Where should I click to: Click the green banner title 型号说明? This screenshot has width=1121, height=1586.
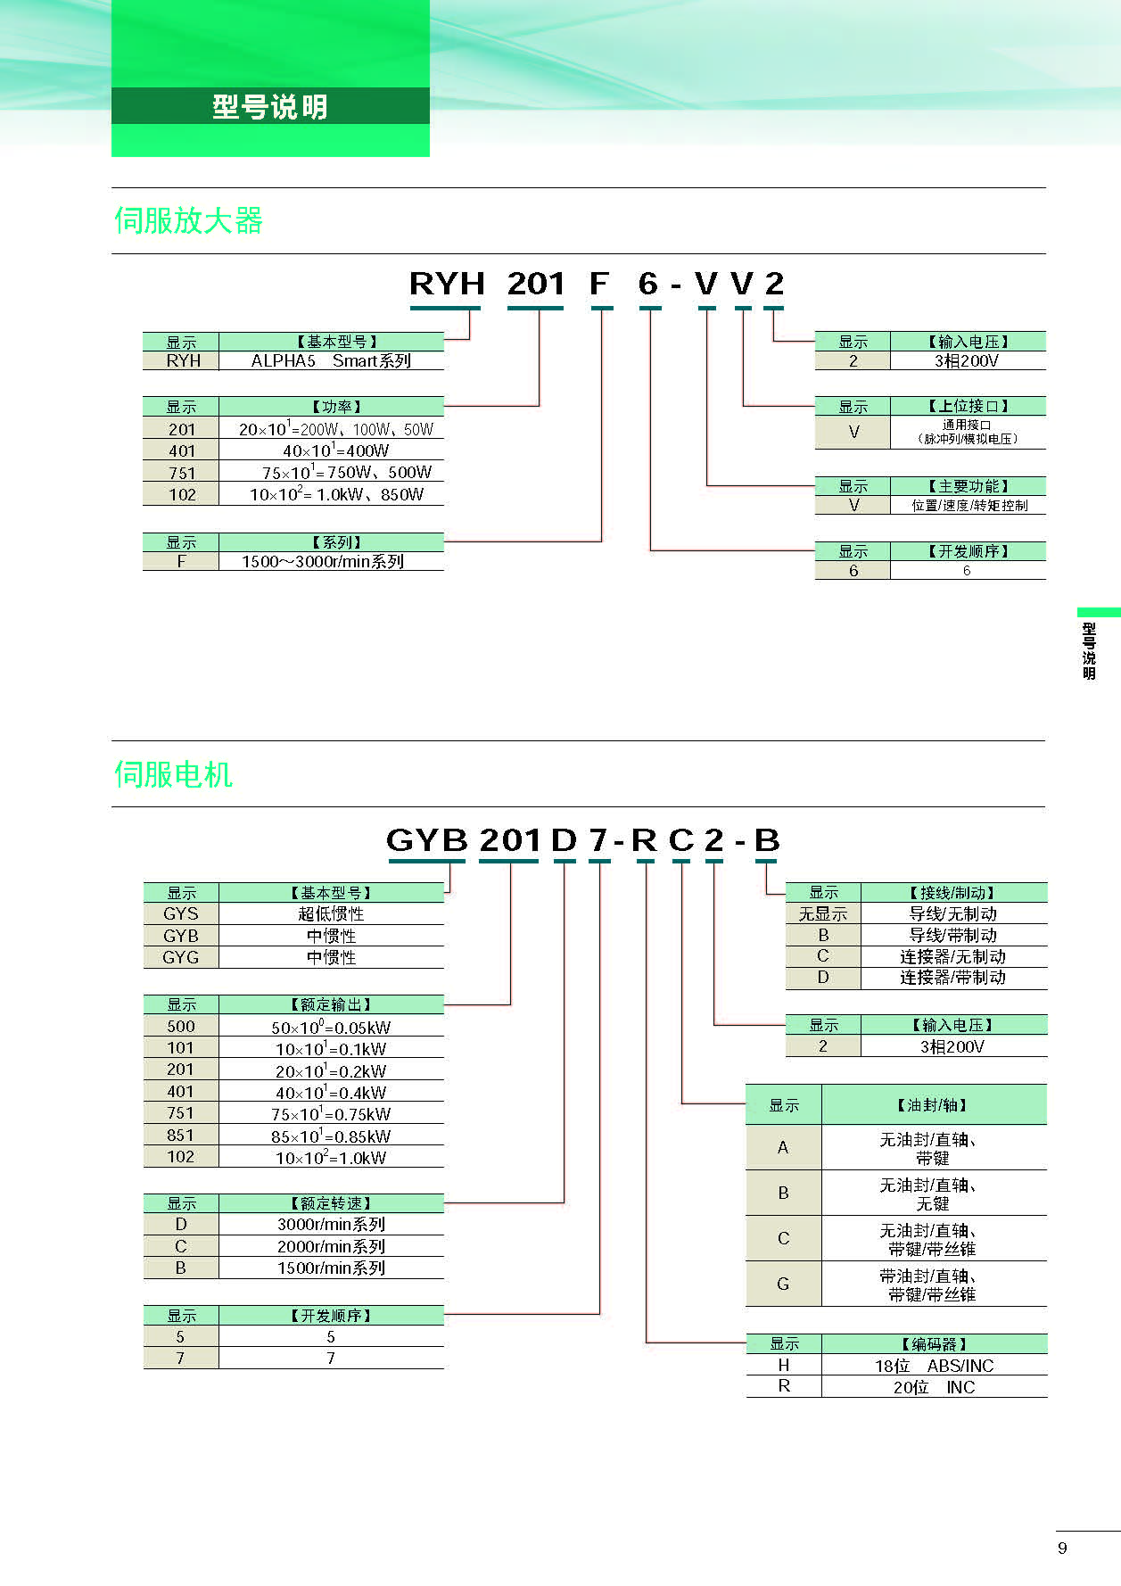270,107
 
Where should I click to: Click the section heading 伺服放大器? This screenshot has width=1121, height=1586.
188,220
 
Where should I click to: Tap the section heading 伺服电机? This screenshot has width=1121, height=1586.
173,774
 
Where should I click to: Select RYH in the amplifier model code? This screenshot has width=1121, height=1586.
447,284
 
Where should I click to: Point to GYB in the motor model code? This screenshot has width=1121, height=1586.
426,840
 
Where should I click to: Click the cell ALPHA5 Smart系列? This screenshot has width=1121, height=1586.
331,360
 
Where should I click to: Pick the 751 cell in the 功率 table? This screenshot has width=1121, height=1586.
181,473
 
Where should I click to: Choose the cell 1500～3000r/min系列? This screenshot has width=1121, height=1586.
323,561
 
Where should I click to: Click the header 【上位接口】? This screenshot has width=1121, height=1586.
968,406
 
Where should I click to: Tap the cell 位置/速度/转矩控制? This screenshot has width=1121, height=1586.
969,505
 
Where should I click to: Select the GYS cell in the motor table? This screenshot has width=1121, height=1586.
181,913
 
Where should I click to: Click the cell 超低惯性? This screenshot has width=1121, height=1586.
331,913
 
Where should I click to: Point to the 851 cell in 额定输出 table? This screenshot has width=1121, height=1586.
180,1135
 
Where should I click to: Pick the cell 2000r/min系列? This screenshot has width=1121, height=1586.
331,1246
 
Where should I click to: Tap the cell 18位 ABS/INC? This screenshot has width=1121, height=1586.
934,1366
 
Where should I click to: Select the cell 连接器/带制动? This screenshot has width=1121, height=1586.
952,978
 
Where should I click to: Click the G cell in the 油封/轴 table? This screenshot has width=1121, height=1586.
783,1284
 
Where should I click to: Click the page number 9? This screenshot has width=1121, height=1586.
1062,1548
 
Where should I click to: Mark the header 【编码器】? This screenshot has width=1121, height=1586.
934,1343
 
